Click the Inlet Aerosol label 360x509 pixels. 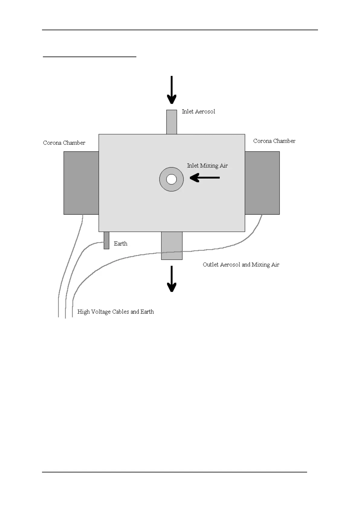tap(198, 112)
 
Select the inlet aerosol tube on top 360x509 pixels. tap(172, 122)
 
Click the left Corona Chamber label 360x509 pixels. tap(64, 143)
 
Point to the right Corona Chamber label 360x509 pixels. tap(274, 141)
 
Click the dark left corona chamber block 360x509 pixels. tap(81, 183)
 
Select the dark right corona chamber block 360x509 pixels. tap(262, 183)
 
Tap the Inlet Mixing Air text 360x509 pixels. tap(207, 166)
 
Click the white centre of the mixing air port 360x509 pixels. tap(171, 179)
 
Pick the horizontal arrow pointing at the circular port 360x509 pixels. tap(205, 178)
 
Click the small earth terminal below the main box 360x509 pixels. tap(106, 240)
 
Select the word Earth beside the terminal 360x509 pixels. tap(121, 244)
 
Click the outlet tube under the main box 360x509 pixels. tap(172, 245)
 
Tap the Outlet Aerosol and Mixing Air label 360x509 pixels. tap(241, 265)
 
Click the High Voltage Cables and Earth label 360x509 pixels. tap(115, 312)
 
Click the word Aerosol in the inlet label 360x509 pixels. tap(205, 112)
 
